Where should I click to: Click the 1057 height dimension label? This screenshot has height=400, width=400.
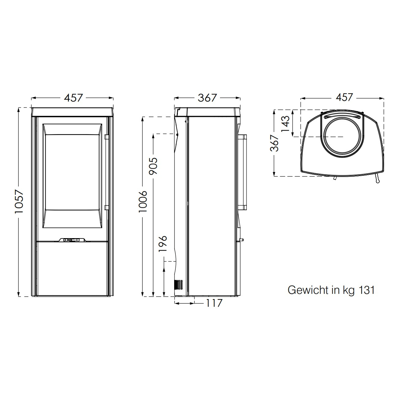coord(19,202)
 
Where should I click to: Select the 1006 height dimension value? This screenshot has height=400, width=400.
coord(143,201)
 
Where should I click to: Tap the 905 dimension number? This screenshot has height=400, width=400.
coord(154,166)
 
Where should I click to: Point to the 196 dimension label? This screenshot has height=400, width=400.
coord(163,244)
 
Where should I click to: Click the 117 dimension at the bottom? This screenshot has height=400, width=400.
coord(214,303)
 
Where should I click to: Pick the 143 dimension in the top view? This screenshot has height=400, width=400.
coord(285,124)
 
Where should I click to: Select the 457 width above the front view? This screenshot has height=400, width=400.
coord(73,98)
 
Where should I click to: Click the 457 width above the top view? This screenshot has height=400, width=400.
coord(344,97)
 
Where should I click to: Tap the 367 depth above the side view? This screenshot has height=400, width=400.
coord(207,98)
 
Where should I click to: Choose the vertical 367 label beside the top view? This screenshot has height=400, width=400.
coord(274,143)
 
